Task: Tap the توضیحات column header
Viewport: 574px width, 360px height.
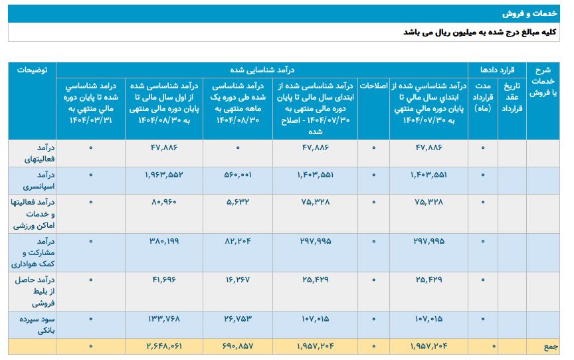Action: point(32,70)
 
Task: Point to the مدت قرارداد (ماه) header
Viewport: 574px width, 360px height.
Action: point(482,97)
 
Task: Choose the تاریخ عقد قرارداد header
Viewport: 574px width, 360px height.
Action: point(511,96)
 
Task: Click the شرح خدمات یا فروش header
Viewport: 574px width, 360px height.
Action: point(543,82)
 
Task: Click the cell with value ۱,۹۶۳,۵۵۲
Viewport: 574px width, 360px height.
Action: point(163,175)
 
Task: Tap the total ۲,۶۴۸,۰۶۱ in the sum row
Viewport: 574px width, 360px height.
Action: point(163,346)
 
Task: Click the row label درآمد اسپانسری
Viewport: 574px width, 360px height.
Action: point(32,175)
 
